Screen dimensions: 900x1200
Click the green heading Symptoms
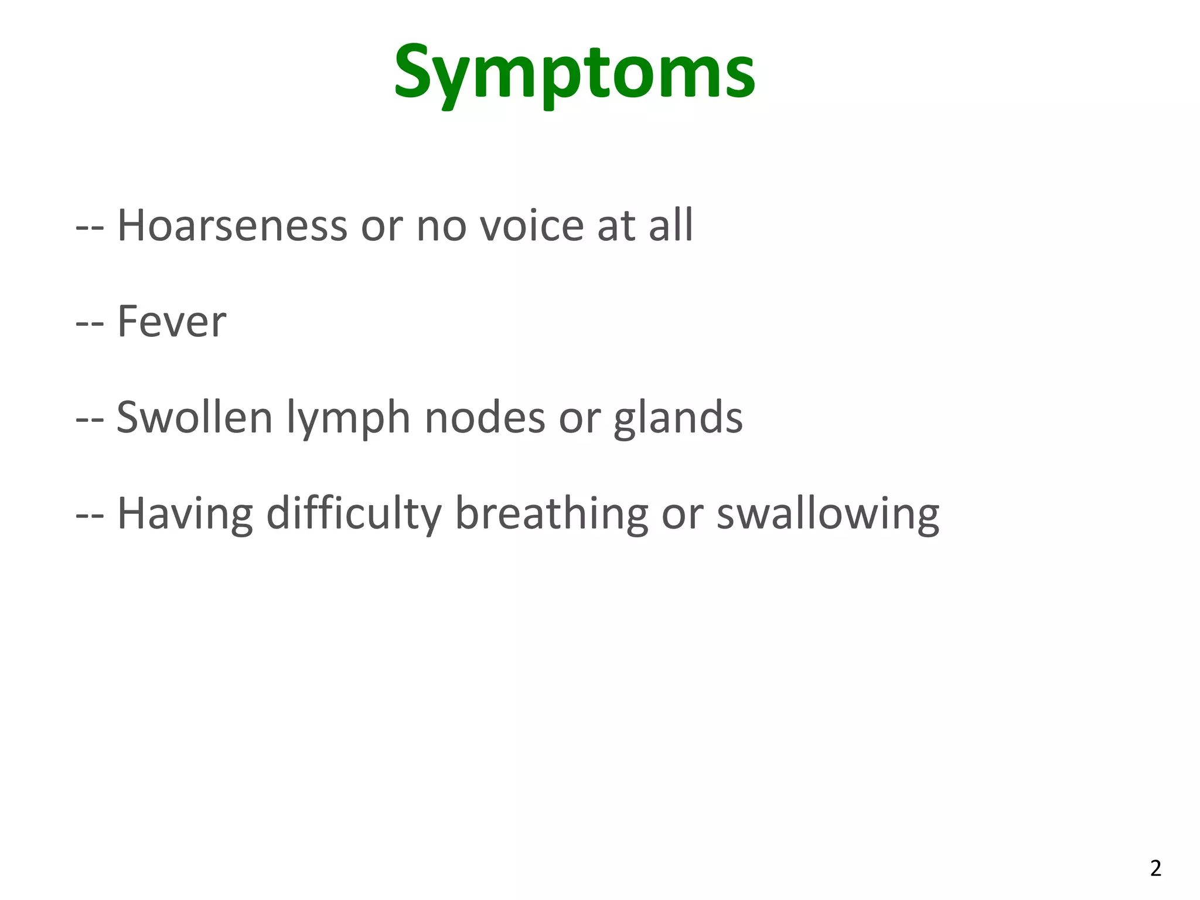point(574,73)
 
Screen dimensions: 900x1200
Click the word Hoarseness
point(232,225)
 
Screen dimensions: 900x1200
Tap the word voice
point(532,225)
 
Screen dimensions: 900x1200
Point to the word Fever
point(172,322)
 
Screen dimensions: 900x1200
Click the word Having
point(185,514)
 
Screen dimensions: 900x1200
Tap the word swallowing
point(828,514)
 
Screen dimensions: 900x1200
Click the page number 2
point(1155,868)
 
